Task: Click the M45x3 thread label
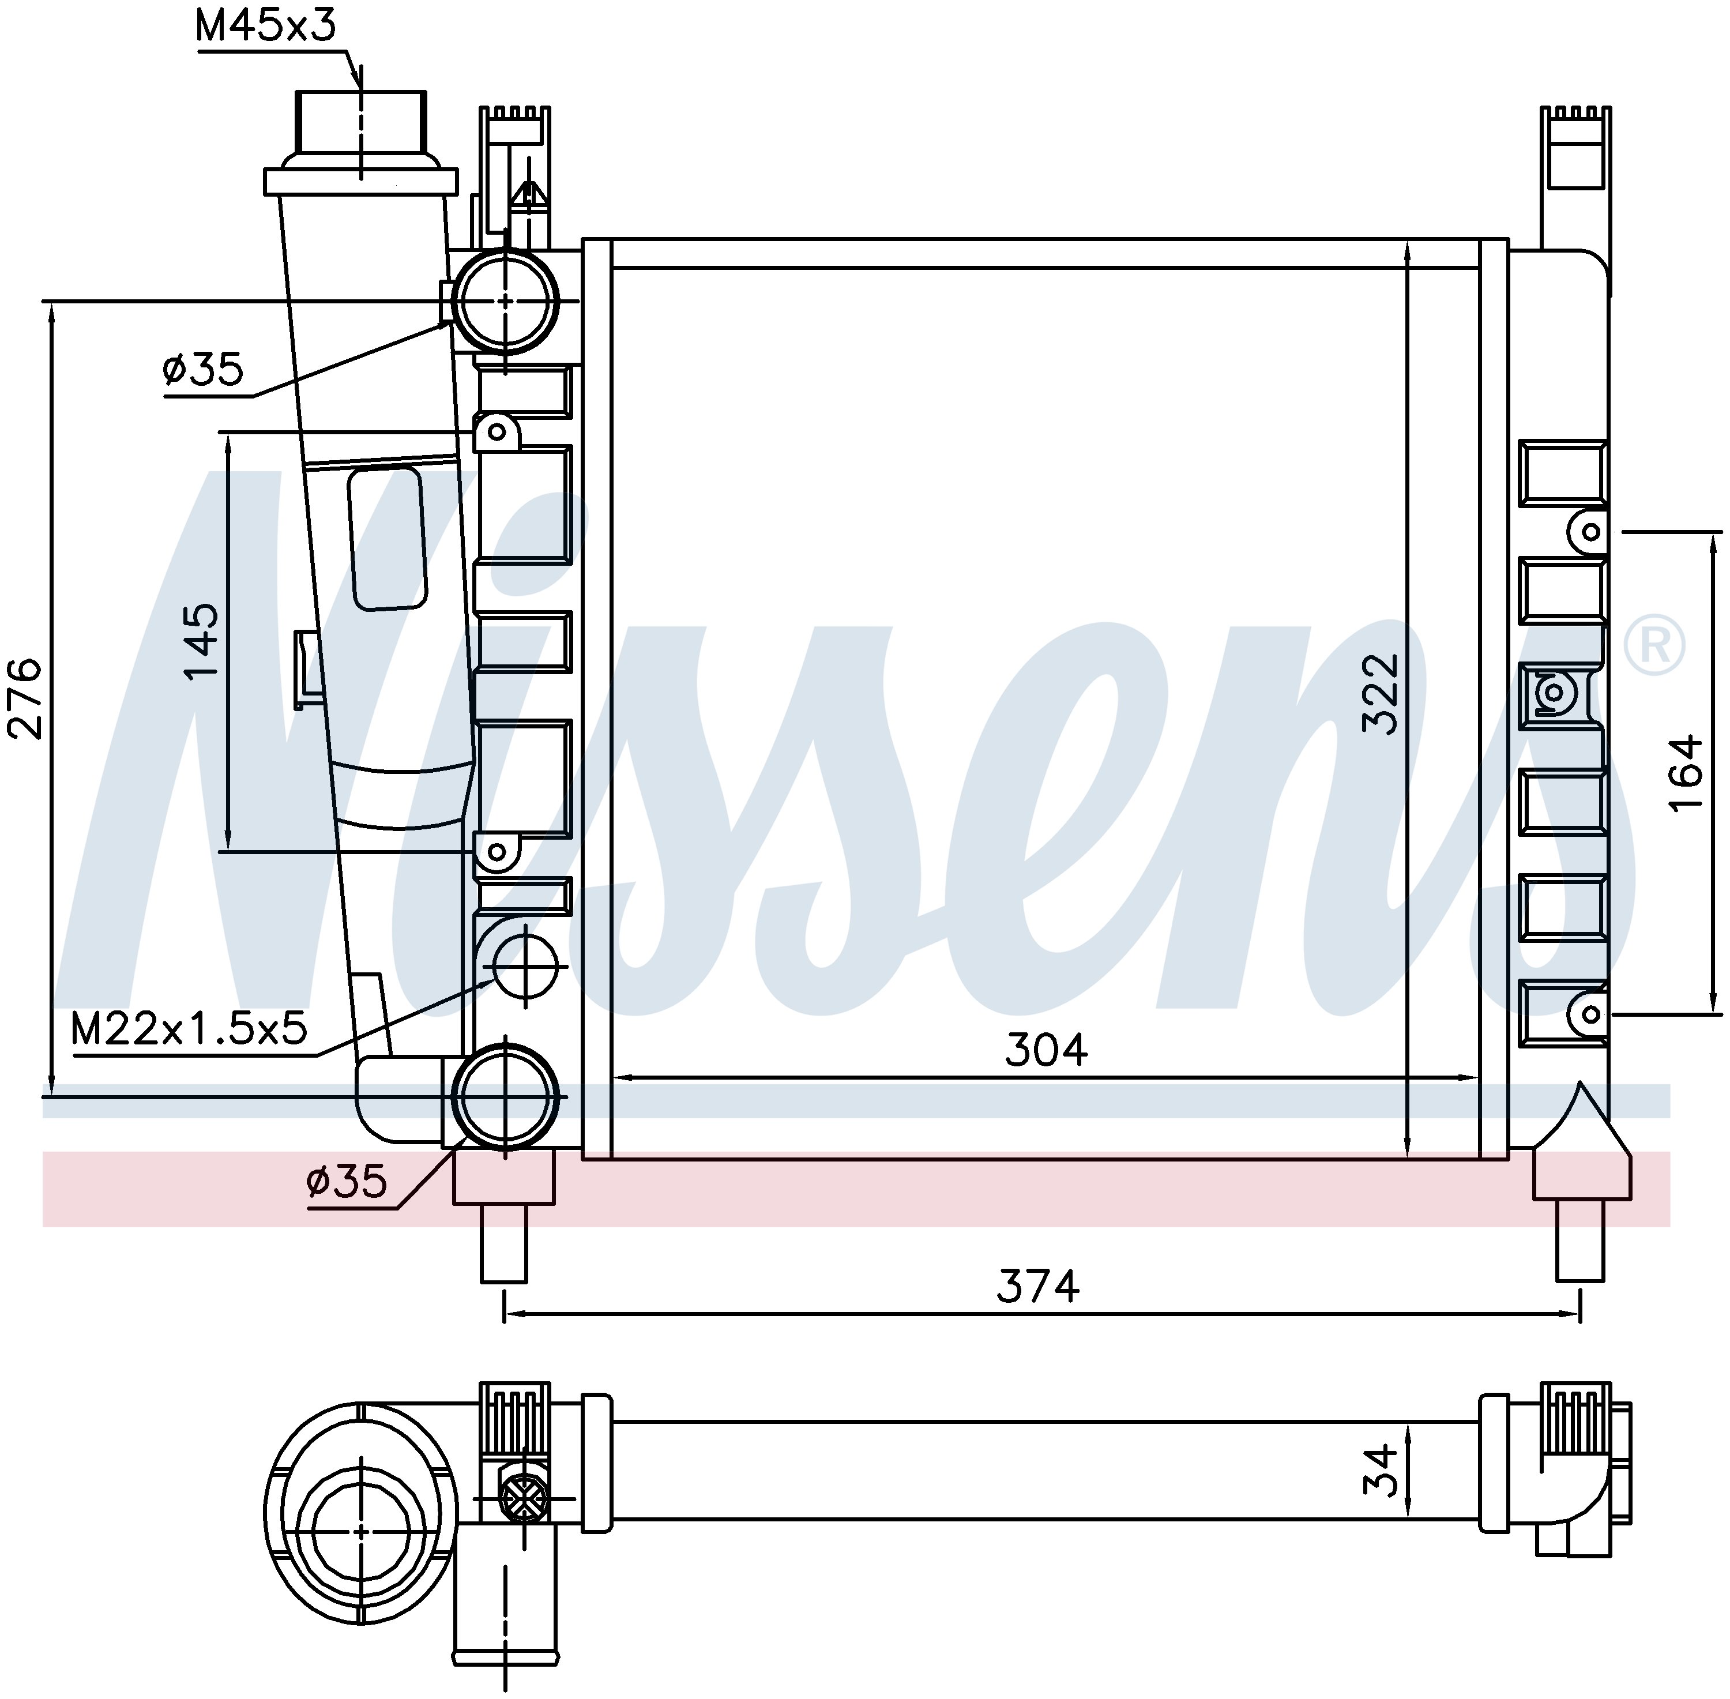(x=265, y=26)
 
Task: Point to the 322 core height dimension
(x=1381, y=695)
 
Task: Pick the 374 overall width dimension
(x=1037, y=1286)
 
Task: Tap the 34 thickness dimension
(x=1381, y=1495)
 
